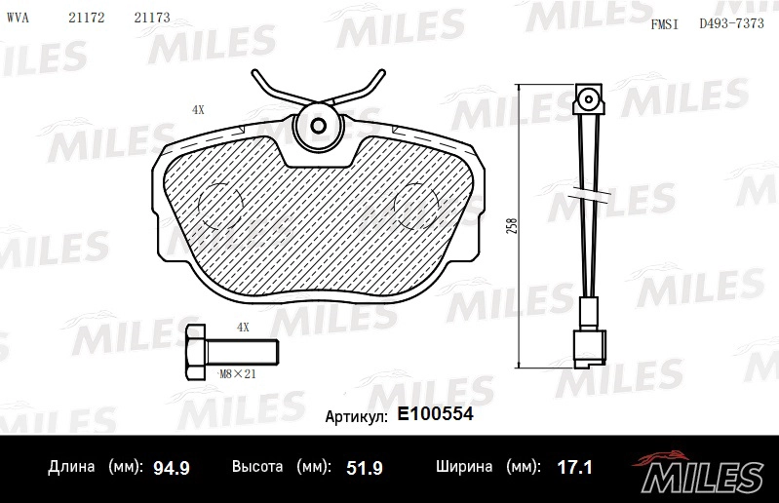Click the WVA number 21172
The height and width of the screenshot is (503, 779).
tap(87, 18)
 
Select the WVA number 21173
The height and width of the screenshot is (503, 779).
tap(152, 18)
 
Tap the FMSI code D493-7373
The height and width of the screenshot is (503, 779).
tap(731, 23)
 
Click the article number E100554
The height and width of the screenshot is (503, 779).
tap(435, 414)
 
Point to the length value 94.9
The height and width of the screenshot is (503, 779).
tap(172, 468)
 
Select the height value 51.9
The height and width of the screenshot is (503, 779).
tap(365, 468)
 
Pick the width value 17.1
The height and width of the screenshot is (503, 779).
tap(574, 467)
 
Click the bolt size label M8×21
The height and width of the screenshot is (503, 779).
tap(238, 374)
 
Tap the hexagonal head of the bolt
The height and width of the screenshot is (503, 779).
tap(195, 353)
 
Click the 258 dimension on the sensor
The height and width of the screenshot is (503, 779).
tap(512, 226)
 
